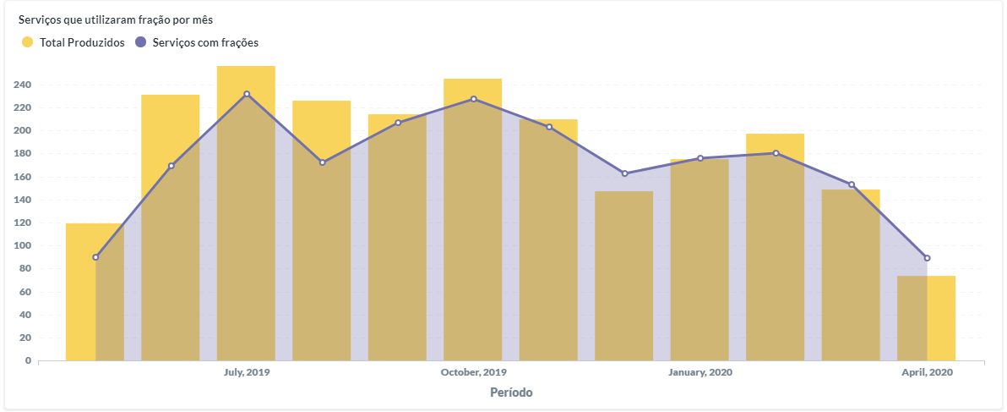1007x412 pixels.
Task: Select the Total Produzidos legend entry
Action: tap(73, 42)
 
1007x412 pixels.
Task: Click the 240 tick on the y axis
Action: tap(22, 85)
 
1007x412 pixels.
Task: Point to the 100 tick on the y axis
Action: tap(22, 246)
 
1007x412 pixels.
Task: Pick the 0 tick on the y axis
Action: tap(28, 360)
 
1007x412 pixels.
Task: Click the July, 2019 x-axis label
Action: tap(247, 372)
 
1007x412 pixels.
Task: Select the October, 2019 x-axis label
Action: tap(473, 372)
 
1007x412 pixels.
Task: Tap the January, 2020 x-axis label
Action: tap(700, 372)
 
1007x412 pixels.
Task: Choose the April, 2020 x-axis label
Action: tap(927, 372)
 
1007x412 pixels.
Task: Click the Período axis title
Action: tap(511, 393)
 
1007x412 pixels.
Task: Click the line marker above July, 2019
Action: tap(247, 94)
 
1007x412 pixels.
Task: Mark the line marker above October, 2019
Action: tap(473, 99)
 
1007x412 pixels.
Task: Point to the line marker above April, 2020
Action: tap(927, 258)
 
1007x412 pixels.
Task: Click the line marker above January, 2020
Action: tap(700, 158)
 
